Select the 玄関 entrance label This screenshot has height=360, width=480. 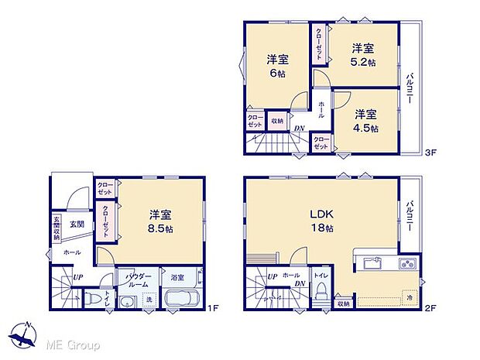coord(76,224)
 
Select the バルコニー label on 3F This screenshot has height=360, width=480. coord(410,89)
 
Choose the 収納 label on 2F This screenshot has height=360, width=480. coord(343,304)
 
